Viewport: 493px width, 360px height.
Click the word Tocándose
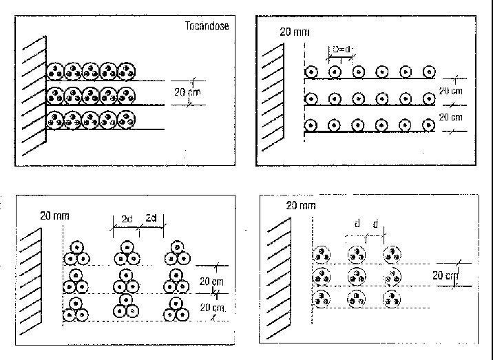click(x=207, y=25)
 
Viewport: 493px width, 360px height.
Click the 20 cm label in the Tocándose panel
click(x=187, y=92)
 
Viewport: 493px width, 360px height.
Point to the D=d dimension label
click(x=341, y=50)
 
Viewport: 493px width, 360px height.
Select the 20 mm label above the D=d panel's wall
click(x=295, y=32)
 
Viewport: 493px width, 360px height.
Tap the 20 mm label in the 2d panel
click(x=54, y=216)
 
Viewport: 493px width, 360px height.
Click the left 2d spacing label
click(x=127, y=219)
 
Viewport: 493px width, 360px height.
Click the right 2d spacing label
click(x=151, y=218)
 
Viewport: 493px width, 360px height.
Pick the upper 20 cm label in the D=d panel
click(x=450, y=91)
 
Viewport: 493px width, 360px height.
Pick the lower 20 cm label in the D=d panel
click(x=450, y=117)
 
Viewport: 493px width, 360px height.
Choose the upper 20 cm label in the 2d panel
click(x=211, y=282)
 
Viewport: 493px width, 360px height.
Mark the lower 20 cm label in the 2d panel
click(x=213, y=308)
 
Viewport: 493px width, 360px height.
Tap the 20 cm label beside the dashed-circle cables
click(x=445, y=275)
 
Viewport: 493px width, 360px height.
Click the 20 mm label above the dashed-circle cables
click(x=301, y=206)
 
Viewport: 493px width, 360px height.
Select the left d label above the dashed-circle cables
click(x=357, y=224)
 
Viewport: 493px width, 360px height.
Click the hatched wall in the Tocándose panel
click(x=34, y=96)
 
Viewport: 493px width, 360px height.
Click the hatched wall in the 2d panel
click(x=30, y=282)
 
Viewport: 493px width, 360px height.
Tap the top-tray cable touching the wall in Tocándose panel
click(x=55, y=72)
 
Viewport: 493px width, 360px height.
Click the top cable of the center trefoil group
click(x=127, y=248)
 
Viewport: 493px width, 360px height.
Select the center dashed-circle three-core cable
click(x=357, y=277)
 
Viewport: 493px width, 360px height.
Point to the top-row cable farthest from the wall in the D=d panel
click(x=429, y=72)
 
